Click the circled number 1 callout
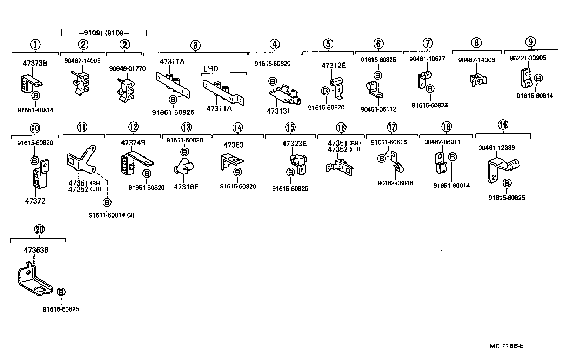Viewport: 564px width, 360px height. tap(35, 45)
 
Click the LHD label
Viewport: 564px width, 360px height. tap(210, 68)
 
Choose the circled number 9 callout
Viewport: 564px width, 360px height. tap(531, 42)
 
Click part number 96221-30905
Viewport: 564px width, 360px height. tap(528, 58)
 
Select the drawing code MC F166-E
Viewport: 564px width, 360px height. tap(506, 346)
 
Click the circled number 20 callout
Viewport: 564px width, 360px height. tap(39, 229)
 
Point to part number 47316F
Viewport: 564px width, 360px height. tap(186, 187)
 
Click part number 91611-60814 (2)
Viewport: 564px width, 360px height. tap(111, 215)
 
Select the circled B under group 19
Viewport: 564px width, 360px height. tap(507, 183)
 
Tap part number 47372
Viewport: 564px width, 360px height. tap(35, 201)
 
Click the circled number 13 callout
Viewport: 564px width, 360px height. tap(186, 127)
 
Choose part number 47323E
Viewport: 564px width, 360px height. tap(294, 144)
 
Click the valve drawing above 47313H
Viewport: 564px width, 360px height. tap(284, 93)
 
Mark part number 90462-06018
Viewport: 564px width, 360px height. tap(395, 183)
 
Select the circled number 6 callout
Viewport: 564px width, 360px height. tap(378, 44)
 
